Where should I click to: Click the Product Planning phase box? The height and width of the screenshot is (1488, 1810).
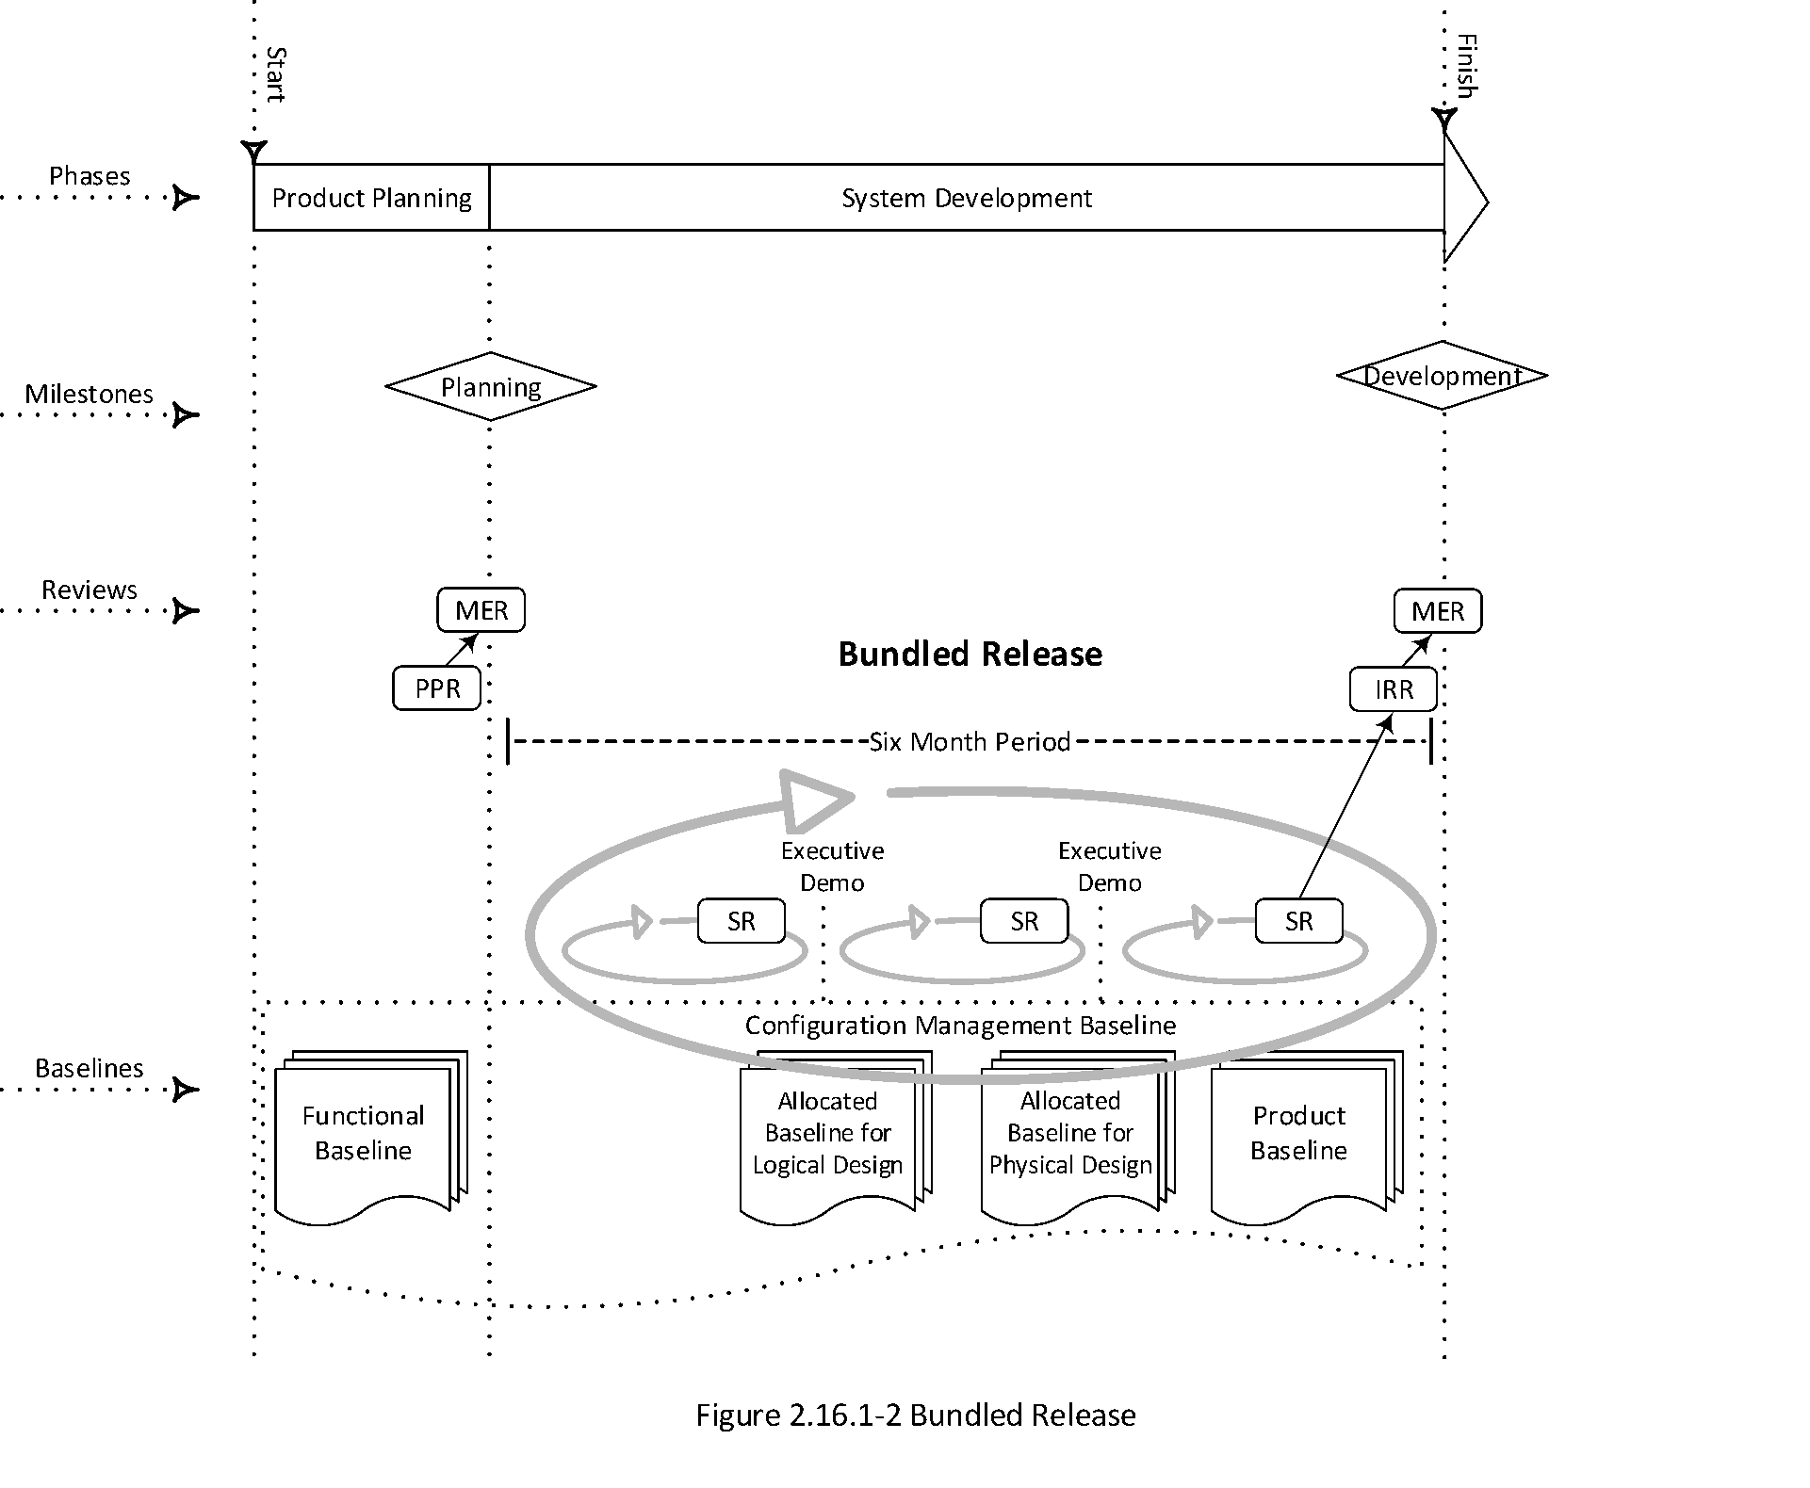(371, 198)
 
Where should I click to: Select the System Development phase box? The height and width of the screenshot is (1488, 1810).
(966, 198)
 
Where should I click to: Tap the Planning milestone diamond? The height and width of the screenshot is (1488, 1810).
(491, 387)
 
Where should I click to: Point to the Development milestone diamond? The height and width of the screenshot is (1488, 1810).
(1442, 376)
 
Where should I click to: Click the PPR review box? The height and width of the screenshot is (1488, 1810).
(437, 688)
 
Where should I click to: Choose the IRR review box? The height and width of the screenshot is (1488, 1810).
(1394, 689)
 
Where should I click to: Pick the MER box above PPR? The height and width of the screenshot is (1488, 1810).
(481, 610)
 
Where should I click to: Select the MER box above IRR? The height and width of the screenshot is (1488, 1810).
(1438, 611)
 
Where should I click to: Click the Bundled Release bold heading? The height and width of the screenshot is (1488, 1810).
(970, 655)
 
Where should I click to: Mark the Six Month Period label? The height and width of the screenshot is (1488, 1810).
(970, 742)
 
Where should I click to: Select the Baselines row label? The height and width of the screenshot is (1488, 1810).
(90, 1068)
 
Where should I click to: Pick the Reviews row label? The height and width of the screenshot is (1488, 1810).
(90, 590)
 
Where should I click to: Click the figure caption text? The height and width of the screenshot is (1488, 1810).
(916, 1415)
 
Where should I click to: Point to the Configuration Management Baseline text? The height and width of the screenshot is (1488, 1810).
(960, 1026)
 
